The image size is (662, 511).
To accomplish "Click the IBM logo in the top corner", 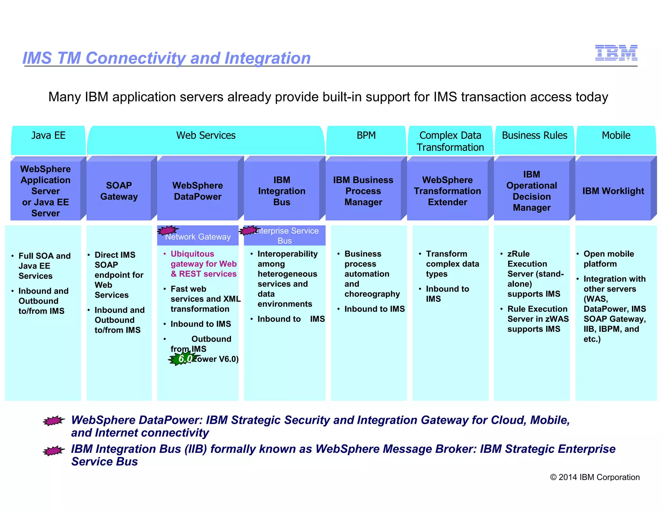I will click(x=616, y=53).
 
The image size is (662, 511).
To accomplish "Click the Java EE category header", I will click(x=48, y=136).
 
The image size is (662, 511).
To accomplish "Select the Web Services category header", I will click(x=206, y=136).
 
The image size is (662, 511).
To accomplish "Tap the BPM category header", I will click(x=366, y=136).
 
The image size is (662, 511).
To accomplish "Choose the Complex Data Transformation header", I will click(x=450, y=141).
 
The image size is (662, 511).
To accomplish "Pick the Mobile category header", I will click(x=616, y=136).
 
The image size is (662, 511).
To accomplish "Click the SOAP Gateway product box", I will click(x=119, y=191).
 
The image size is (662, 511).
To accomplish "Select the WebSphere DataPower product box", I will click(x=198, y=191).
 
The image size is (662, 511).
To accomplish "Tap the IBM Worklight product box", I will click(x=613, y=191).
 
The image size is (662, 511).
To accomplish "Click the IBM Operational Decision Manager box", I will click(x=531, y=191).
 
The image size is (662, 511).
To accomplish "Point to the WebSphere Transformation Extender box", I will click(x=447, y=191).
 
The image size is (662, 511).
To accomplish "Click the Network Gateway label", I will click(x=198, y=237).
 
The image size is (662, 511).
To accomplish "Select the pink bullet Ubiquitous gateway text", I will click(x=203, y=264).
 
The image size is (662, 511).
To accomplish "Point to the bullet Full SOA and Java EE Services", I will click(x=44, y=266).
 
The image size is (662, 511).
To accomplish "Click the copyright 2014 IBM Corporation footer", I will click(x=594, y=477).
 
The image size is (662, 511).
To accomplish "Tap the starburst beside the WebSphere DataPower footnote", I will click(x=54, y=421).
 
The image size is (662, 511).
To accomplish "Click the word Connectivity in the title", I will click(x=135, y=58).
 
